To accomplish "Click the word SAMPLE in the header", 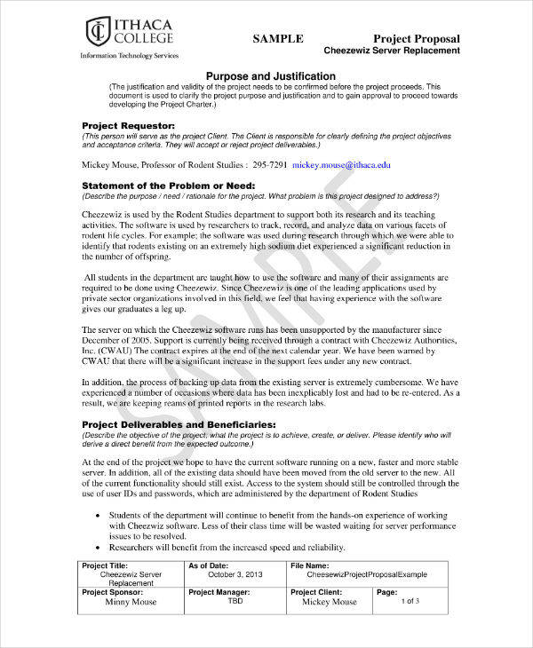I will [278, 39].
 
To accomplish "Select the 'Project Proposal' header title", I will [416, 39].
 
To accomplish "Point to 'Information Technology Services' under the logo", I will [129, 55].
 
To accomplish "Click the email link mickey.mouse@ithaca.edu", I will [341, 164].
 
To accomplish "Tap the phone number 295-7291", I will [270, 164].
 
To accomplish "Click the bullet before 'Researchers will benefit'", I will [96, 549].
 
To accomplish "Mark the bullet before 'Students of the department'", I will [96, 515].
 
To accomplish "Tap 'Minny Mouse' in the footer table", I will [131, 602].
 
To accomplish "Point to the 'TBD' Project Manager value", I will [235, 601].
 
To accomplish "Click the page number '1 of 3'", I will [410, 601].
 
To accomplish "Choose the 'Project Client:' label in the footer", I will [319, 591].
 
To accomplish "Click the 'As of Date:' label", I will [210, 565].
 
